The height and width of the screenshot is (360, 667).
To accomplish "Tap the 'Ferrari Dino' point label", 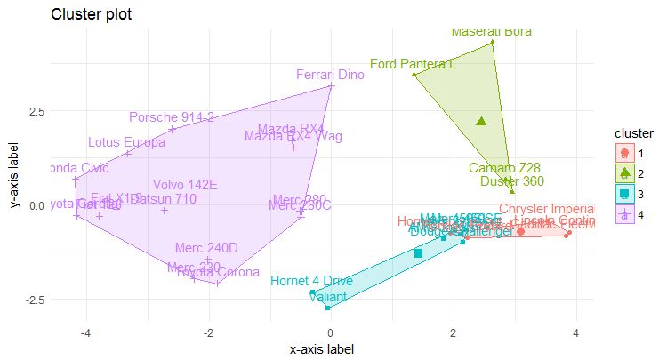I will click(x=330, y=76).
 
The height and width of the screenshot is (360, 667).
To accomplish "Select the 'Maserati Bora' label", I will click(x=492, y=31).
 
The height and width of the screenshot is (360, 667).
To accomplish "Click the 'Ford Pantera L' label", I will click(x=413, y=64).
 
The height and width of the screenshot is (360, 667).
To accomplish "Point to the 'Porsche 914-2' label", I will click(x=172, y=117).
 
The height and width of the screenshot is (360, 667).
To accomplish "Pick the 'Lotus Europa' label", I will click(x=126, y=142).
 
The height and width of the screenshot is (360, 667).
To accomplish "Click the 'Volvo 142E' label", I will click(x=185, y=185).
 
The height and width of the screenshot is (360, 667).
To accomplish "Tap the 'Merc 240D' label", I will click(x=206, y=247).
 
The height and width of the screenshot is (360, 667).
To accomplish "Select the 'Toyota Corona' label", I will click(x=218, y=272).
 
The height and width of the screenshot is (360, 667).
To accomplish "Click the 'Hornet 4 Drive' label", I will click(x=311, y=281).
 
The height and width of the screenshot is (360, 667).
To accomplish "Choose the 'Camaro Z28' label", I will click(x=504, y=168).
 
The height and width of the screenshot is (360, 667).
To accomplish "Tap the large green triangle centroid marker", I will click(x=481, y=121).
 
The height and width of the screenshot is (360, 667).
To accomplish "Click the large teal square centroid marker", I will click(x=418, y=253).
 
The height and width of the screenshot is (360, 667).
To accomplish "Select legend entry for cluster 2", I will click(x=624, y=172).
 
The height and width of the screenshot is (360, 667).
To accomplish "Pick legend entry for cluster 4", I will click(x=624, y=213).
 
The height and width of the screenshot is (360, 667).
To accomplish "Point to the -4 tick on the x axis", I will click(x=86, y=333).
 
